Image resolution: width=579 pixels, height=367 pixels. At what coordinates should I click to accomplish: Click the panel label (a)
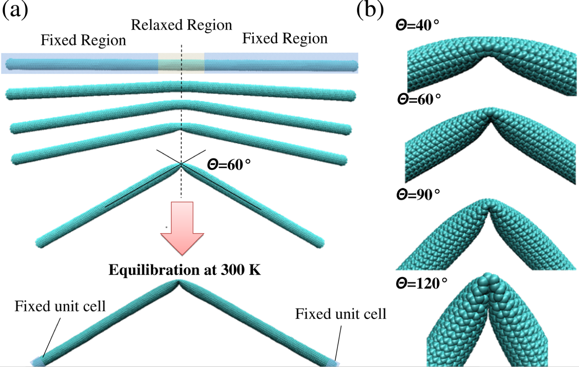pos(15,10)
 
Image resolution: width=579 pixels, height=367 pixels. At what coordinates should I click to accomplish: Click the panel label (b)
pos(370,10)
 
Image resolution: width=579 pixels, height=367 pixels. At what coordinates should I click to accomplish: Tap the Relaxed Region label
pos(182,25)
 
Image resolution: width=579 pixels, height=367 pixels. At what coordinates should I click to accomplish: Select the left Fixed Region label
pos(83,40)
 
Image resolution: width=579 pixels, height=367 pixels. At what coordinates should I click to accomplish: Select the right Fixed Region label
pos(285,39)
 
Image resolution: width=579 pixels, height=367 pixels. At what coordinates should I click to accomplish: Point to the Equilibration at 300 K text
pos(185,270)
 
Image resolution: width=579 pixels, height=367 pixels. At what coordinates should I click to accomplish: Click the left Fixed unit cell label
pos(60,306)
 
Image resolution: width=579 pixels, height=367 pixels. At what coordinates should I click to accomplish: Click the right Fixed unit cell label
pos(341,314)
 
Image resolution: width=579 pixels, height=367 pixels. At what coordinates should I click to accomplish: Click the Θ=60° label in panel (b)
pos(419,99)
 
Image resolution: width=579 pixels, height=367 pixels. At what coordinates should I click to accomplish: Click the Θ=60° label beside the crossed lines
pos(229,165)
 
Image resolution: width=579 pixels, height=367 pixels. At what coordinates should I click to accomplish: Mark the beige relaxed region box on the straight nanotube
pos(181,63)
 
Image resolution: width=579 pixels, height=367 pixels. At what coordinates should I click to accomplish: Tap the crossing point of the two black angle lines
pos(181,163)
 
